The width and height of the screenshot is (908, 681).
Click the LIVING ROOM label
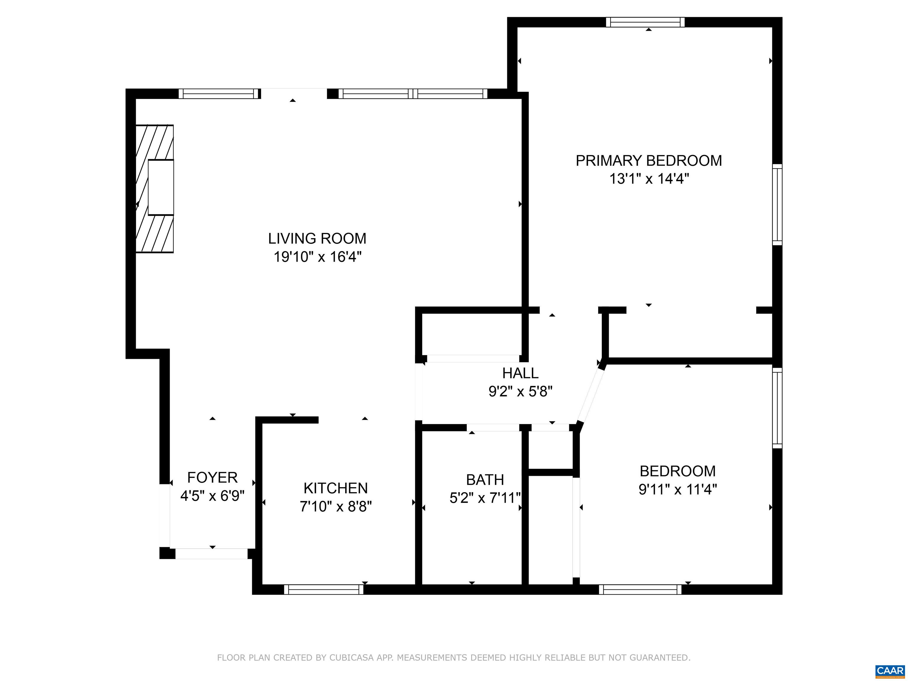tap(317, 239)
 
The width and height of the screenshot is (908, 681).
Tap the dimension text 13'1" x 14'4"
tap(648, 179)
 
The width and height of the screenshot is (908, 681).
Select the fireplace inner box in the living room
tap(160, 187)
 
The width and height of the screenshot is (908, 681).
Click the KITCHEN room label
tap(335, 488)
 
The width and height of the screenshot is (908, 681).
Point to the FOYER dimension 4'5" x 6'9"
tap(212, 496)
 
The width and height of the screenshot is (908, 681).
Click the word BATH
tap(485, 479)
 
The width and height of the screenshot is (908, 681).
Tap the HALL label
tap(520, 373)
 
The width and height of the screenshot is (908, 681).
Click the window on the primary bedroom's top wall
tap(645, 22)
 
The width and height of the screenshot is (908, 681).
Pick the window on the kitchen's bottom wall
tap(323, 589)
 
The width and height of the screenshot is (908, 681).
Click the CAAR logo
tap(890, 671)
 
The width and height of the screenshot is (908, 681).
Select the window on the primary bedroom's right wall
tap(777, 205)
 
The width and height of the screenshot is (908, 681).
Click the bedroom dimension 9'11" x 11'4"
tap(677, 489)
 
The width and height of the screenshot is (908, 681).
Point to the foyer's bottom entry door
tap(211, 553)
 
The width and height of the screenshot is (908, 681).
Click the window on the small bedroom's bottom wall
tap(640, 589)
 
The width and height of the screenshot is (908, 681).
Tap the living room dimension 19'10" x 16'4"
tap(317, 257)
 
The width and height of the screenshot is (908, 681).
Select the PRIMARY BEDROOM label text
tap(648, 160)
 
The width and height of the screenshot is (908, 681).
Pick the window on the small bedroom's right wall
tap(777, 408)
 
